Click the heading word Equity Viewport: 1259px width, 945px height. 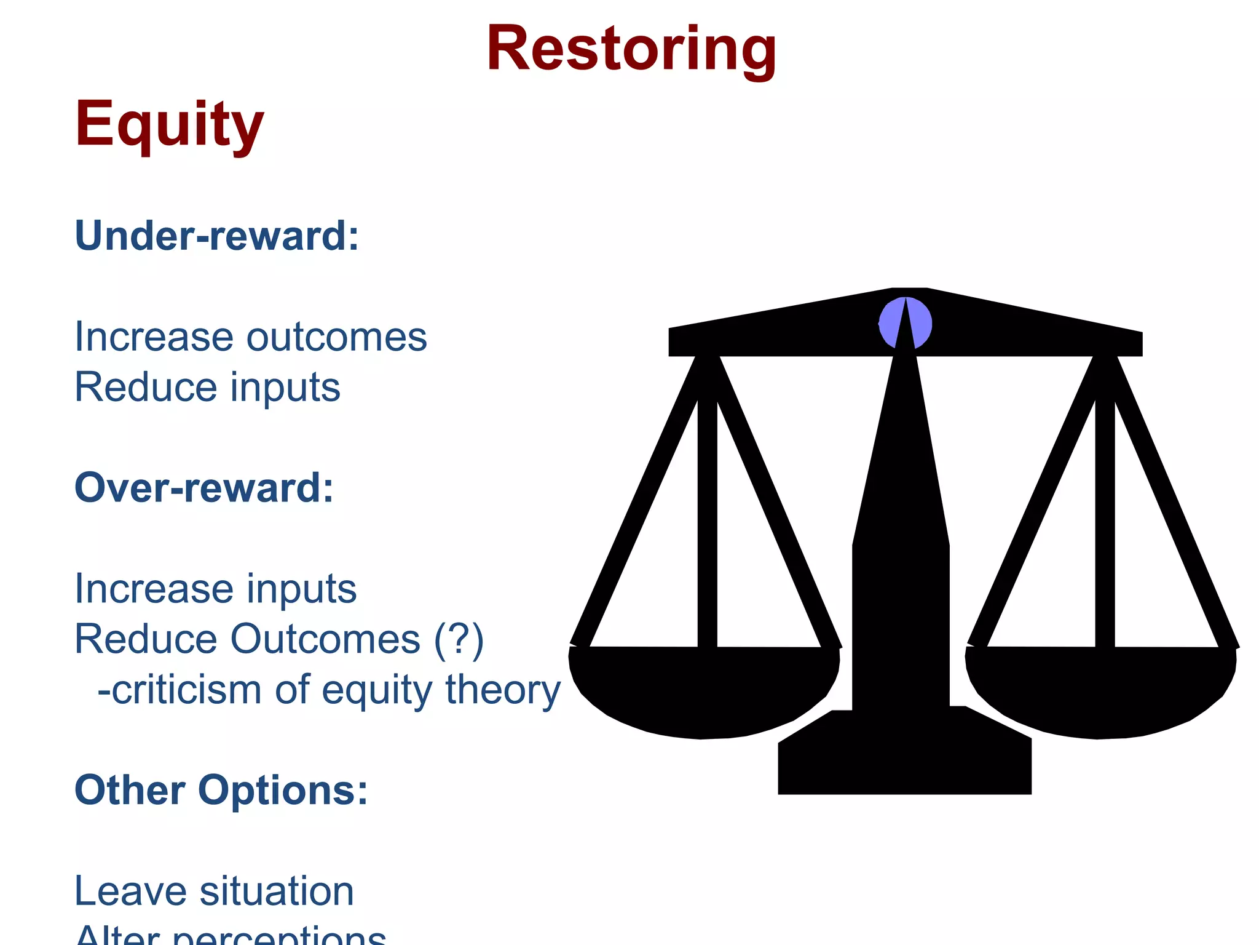click(x=169, y=125)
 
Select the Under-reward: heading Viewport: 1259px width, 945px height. click(x=216, y=236)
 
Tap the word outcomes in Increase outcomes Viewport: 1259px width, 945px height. click(x=336, y=337)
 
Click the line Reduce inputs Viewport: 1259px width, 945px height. click(x=207, y=388)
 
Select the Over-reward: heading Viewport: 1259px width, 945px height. click(x=204, y=488)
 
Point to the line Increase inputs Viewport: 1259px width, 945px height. click(x=215, y=589)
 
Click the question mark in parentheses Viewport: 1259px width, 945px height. click(x=459, y=639)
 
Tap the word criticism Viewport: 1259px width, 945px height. click(x=186, y=690)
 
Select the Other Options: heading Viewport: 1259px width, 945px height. click(x=221, y=790)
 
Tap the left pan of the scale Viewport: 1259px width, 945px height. click(x=704, y=692)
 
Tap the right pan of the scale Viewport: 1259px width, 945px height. click(x=1100, y=692)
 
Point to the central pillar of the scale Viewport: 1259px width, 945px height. click(x=901, y=584)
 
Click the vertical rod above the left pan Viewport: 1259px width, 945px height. click(x=707, y=523)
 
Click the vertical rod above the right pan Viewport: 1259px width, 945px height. click(x=1105, y=523)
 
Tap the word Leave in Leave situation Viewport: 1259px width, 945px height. click(x=130, y=891)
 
